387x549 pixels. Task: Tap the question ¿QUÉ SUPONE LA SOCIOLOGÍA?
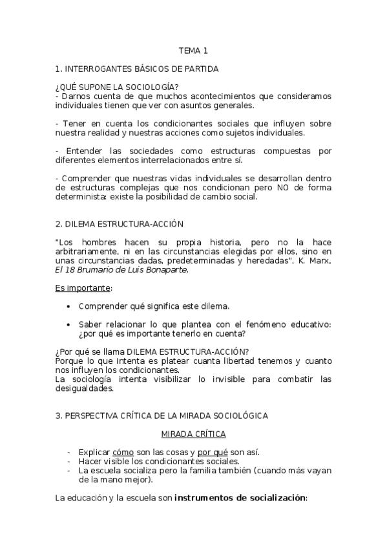[x=117, y=87]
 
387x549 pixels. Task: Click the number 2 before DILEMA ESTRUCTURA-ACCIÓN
[x=58, y=224]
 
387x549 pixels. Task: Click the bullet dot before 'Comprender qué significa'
[x=69, y=306]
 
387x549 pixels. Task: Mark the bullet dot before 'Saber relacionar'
[x=69, y=324]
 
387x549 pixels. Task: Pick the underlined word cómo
[x=123, y=452]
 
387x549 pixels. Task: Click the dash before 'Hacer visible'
[x=69, y=462]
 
